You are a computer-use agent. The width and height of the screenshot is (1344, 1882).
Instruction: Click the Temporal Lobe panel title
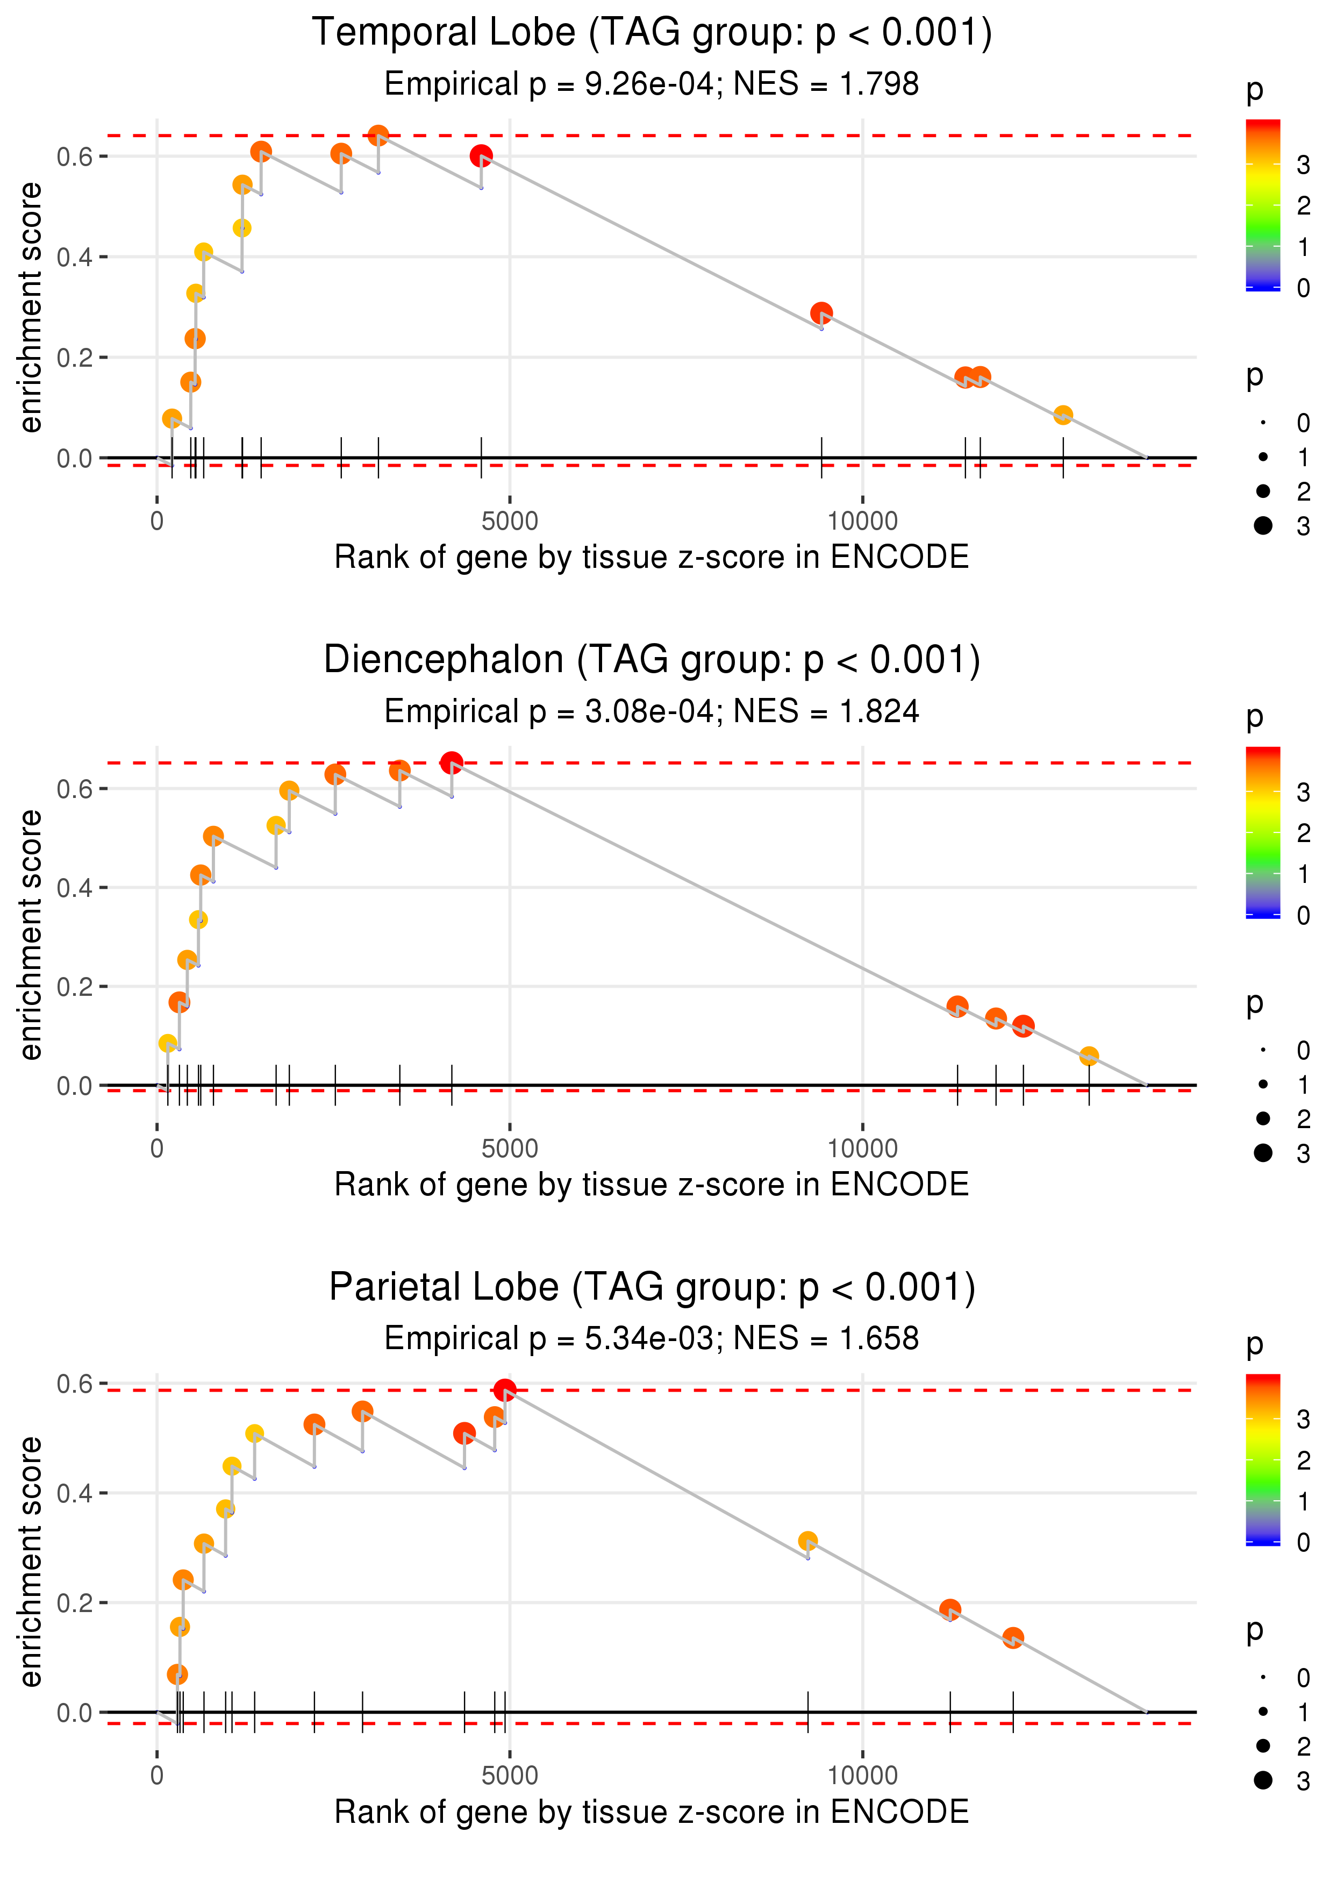652,33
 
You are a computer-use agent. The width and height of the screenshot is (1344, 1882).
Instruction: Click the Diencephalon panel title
652,660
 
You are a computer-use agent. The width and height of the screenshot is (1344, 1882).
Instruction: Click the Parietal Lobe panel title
652,1288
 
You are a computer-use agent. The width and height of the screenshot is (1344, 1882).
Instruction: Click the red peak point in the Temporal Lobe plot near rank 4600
481,155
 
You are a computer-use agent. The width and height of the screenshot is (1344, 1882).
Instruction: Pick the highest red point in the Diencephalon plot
451,763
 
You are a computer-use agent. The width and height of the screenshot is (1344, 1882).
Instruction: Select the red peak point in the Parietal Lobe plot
505,1391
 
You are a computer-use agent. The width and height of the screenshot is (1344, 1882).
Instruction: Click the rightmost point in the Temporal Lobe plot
1063,415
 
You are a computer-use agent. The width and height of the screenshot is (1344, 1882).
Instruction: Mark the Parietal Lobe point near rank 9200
807,1541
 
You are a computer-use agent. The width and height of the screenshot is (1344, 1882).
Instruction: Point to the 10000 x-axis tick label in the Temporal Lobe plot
862,522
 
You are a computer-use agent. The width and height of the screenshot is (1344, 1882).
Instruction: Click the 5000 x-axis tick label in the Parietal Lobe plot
510,1776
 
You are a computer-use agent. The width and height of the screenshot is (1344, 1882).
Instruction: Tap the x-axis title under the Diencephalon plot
652,1185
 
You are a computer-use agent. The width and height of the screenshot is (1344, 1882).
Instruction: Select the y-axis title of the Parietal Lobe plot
31,1562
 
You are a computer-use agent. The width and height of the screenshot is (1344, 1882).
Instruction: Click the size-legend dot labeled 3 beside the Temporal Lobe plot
1263,525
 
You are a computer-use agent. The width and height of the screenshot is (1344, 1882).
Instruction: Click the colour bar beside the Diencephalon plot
1263,832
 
